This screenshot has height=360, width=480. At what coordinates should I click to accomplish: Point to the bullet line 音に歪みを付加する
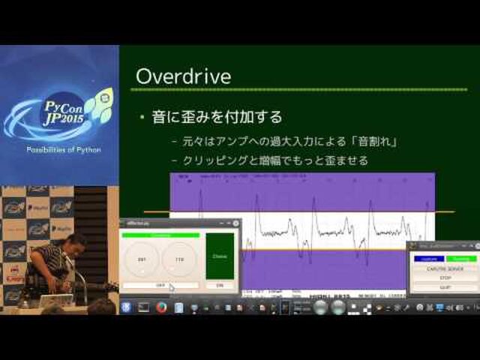point(217,117)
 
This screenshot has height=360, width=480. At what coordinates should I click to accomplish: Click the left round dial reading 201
point(141,259)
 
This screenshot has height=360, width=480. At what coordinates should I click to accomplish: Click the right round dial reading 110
point(180,259)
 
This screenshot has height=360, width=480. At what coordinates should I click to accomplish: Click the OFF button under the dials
point(160,286)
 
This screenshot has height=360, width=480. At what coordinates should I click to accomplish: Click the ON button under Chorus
point(220,286)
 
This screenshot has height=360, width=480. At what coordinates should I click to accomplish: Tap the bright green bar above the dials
point(160,235)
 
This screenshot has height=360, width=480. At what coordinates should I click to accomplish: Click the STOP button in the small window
point(445,278)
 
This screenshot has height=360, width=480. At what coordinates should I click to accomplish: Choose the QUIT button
point(445,287)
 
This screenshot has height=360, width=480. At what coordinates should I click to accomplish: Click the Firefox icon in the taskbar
point(160,307)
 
